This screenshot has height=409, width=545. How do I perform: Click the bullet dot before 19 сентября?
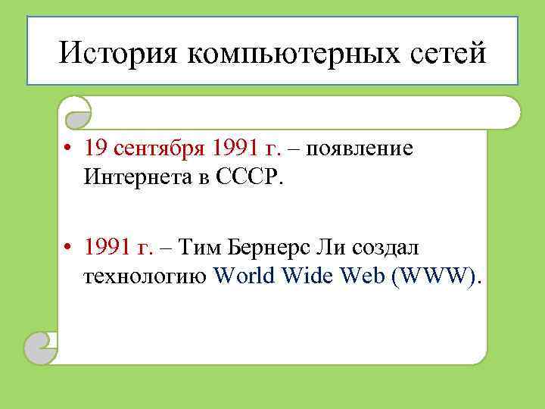coord(68,149)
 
